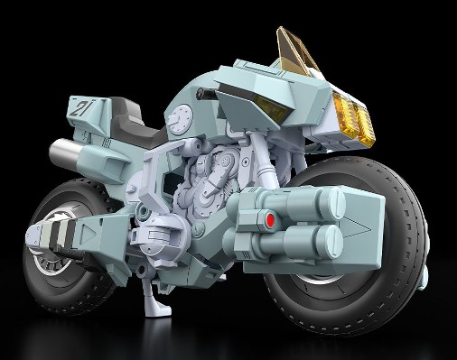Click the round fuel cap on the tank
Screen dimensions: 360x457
click(203, 143)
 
